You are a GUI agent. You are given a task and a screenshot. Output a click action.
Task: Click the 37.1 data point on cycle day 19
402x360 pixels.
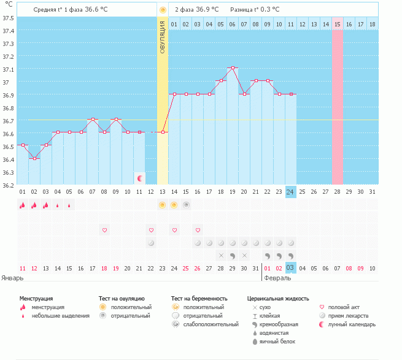click(233, 68)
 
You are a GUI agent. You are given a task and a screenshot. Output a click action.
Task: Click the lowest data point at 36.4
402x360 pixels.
click(34, 159)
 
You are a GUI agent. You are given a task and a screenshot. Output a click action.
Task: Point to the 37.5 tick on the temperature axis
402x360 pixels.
click(8, 18)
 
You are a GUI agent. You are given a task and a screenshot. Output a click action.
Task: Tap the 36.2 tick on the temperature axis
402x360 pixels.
click(8, 185)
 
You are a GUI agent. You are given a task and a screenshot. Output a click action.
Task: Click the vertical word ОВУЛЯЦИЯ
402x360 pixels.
click(162, 37)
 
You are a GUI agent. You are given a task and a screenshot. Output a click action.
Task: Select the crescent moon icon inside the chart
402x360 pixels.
click(140, 178)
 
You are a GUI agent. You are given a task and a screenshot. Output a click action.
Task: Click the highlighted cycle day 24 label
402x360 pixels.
click(290, 192)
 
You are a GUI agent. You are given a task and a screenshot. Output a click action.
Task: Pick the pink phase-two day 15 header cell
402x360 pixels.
click(338, 24)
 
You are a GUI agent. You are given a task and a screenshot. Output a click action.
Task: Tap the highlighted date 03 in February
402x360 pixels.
click(290, 268)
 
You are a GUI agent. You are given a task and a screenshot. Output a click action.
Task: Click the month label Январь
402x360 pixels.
click(12, 278)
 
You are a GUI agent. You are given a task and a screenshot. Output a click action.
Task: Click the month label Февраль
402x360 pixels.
click(277, 278)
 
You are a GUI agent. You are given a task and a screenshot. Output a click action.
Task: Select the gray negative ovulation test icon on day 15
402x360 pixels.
click(186, 205)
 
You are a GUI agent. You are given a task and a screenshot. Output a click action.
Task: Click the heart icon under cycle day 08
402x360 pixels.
click(104, 230)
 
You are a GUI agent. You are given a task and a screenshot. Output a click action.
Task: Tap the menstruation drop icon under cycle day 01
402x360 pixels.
click(23, 205)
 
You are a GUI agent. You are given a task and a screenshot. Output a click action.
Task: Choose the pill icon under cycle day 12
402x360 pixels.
click(151, 243)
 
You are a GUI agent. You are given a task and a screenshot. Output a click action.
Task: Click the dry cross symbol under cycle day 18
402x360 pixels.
click(222, 256)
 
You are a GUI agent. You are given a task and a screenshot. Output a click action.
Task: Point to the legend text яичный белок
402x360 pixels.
click(277, 342)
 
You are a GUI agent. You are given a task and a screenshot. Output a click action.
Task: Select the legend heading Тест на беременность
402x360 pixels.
click(199, 299)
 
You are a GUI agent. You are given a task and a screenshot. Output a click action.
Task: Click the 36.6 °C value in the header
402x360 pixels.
click(96, 9)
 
